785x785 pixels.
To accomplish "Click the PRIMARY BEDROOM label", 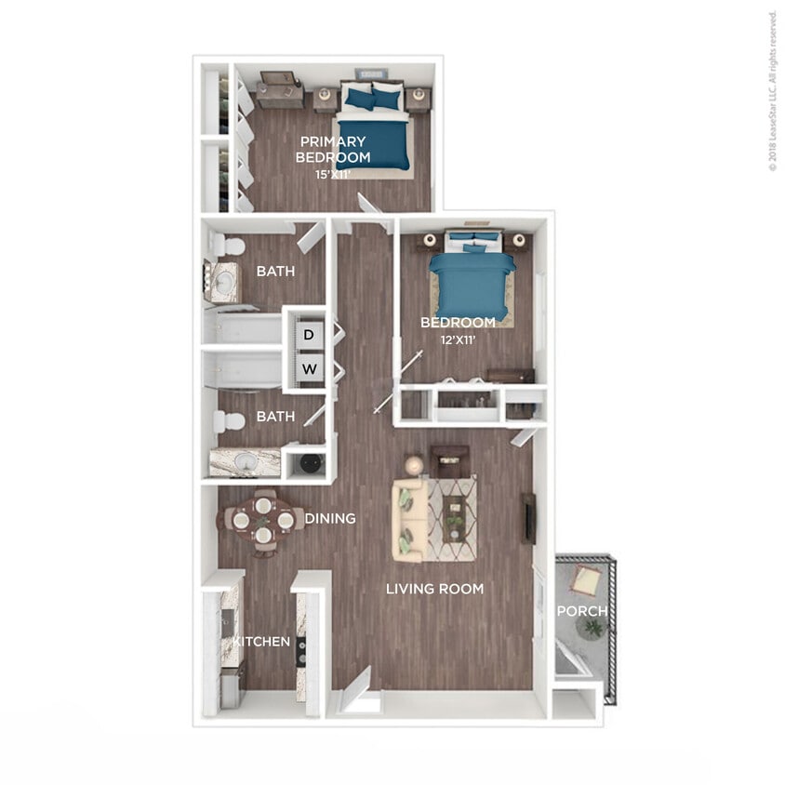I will pos(333,149).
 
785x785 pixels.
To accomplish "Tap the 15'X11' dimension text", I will pos(332,174).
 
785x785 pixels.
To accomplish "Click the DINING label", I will pos(330,518).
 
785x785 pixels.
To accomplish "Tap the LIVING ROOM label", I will pos(435,589).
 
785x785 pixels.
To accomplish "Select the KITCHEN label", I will pos(261,642).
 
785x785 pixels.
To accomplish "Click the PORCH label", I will pos(581,611).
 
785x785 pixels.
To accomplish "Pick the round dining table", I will pos(263,521).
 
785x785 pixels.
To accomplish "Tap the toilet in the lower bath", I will pos(227,421).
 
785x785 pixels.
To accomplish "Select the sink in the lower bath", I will pos(244,461).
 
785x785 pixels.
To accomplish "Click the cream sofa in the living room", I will pos(409,521).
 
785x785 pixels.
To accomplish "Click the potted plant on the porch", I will pos(591,629).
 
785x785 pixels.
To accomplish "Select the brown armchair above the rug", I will pos(449,460).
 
